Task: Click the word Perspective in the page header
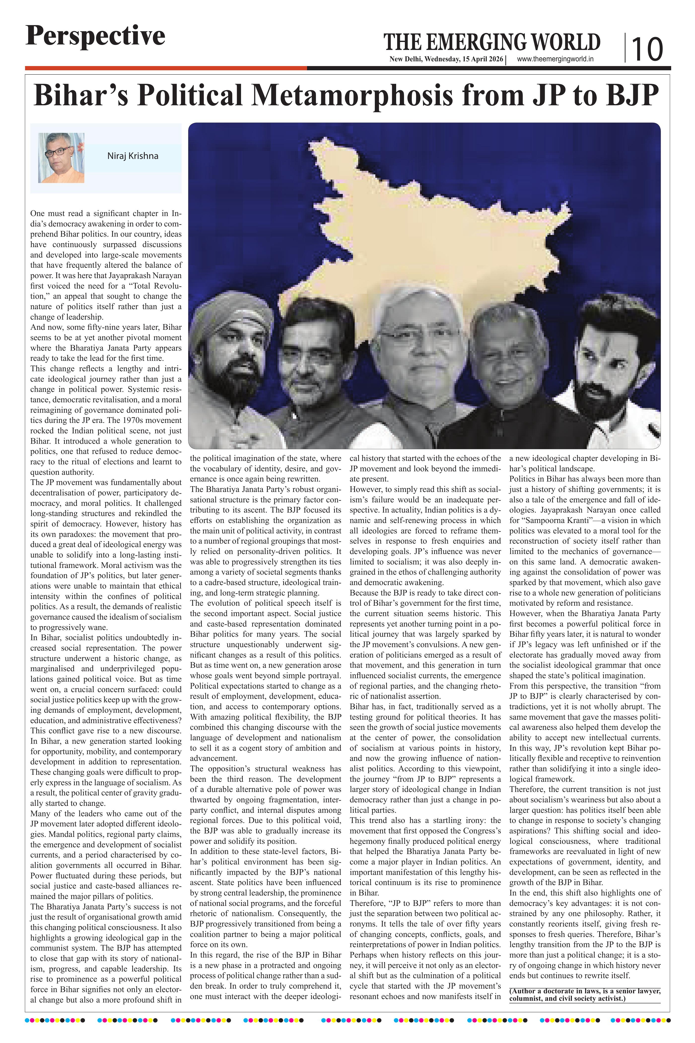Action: tap(95, 36)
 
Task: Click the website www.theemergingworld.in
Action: tap(556, 59)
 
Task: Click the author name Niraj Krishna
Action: tap(133, 156)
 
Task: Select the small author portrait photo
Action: tap(61, 158)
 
